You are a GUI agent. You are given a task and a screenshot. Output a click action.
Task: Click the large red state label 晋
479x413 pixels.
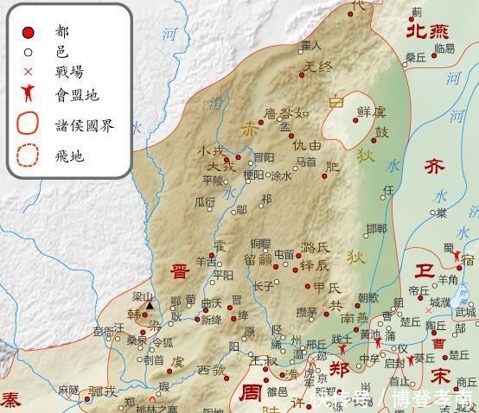click(180, 246)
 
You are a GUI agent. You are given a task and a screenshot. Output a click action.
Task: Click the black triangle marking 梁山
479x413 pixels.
click(150, 305)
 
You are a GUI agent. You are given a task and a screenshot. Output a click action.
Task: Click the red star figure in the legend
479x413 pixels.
click(28, 93)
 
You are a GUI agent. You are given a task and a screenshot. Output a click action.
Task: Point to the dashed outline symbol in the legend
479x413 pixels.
click(28, 156)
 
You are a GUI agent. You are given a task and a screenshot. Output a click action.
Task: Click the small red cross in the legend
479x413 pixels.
click(28, 72)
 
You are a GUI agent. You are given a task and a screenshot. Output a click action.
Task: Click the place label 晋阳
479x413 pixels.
click(264, 157)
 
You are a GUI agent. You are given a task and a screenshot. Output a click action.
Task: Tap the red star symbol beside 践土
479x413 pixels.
click(345, 349)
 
